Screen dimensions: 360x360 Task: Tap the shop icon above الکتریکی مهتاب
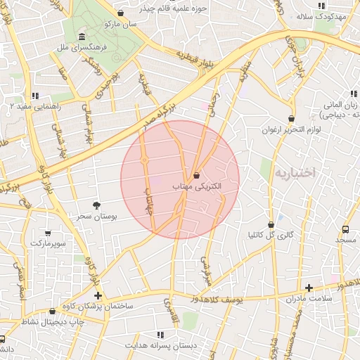[196, 175]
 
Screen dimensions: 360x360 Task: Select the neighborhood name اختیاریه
[296, 172]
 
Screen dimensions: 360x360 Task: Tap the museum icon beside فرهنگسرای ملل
[83, 37]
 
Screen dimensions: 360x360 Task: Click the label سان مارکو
[120, 23]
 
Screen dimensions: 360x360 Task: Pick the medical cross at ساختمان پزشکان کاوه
[98, 295]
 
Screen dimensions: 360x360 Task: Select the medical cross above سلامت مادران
[309, 287]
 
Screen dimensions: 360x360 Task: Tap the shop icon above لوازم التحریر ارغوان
[291, 118]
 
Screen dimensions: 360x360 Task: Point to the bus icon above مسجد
[345, 229]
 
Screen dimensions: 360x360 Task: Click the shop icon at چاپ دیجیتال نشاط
[52, 311]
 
